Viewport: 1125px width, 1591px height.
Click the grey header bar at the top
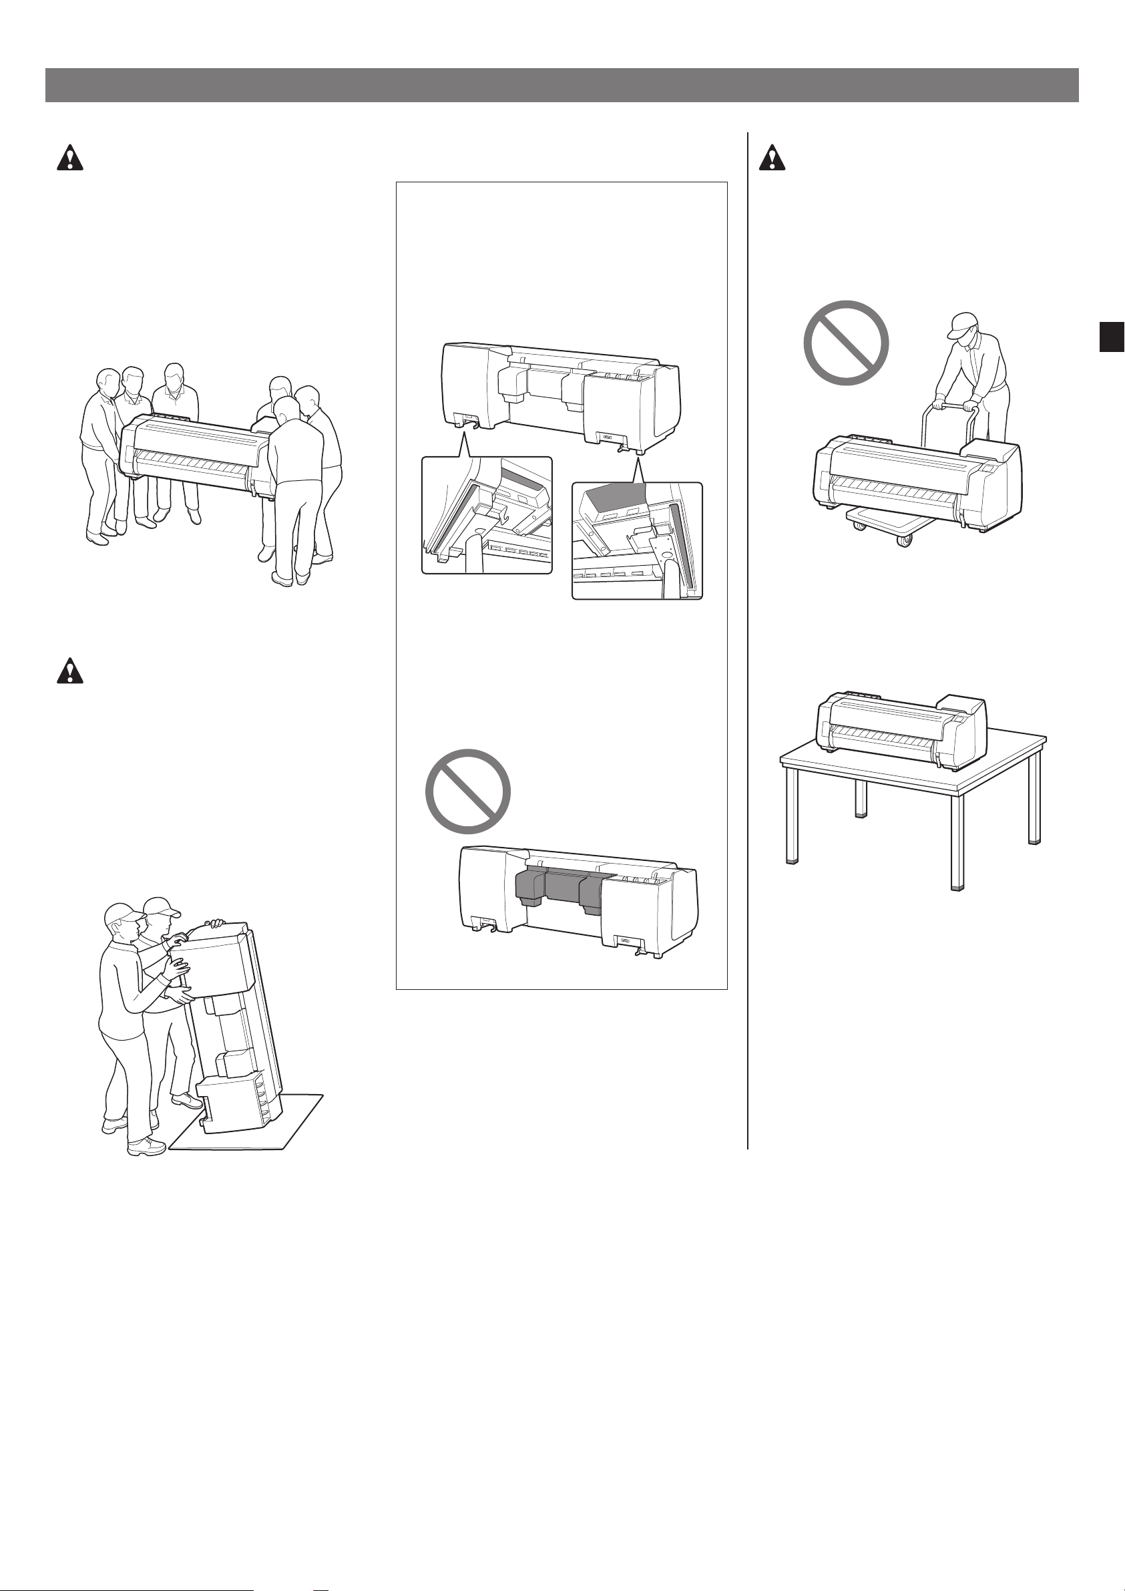pos(561,85)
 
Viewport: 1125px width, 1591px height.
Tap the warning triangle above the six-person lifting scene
pos(69,159)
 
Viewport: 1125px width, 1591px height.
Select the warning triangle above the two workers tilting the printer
pos(69,671)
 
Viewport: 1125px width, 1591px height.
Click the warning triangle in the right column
pos(772,159)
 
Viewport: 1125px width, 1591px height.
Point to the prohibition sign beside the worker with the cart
pos(846,343)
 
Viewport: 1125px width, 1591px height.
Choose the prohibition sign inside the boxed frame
pos(467,791)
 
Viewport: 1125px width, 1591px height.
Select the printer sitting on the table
pos(901,731)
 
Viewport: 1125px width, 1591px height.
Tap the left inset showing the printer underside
pos(487,515)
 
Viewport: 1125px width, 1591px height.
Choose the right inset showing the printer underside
pos(637,540)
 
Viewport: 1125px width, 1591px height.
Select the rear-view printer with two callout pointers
pos(561,395)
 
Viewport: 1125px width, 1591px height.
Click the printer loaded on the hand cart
pos(915,482)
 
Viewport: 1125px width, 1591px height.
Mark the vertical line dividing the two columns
pos(748,624)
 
